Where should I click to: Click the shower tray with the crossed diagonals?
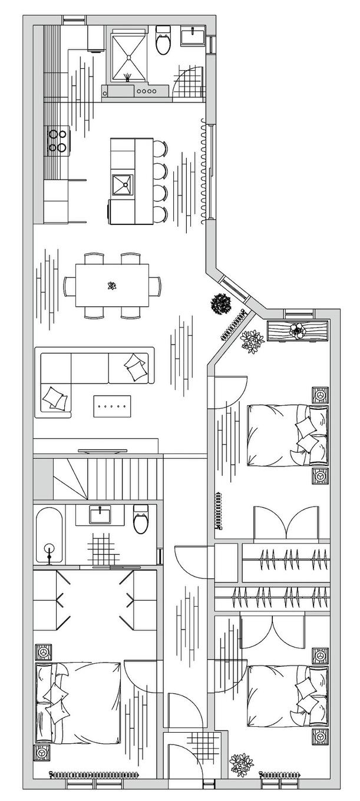(x=127, y=56)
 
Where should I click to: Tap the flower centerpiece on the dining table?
(x=111, y=287)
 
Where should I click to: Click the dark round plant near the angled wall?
(x=220, y=304)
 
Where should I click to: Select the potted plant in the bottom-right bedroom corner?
(x=241, y=763)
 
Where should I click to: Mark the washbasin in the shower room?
(x=193, y=37)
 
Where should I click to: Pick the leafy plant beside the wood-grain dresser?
(x=252, y=341)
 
